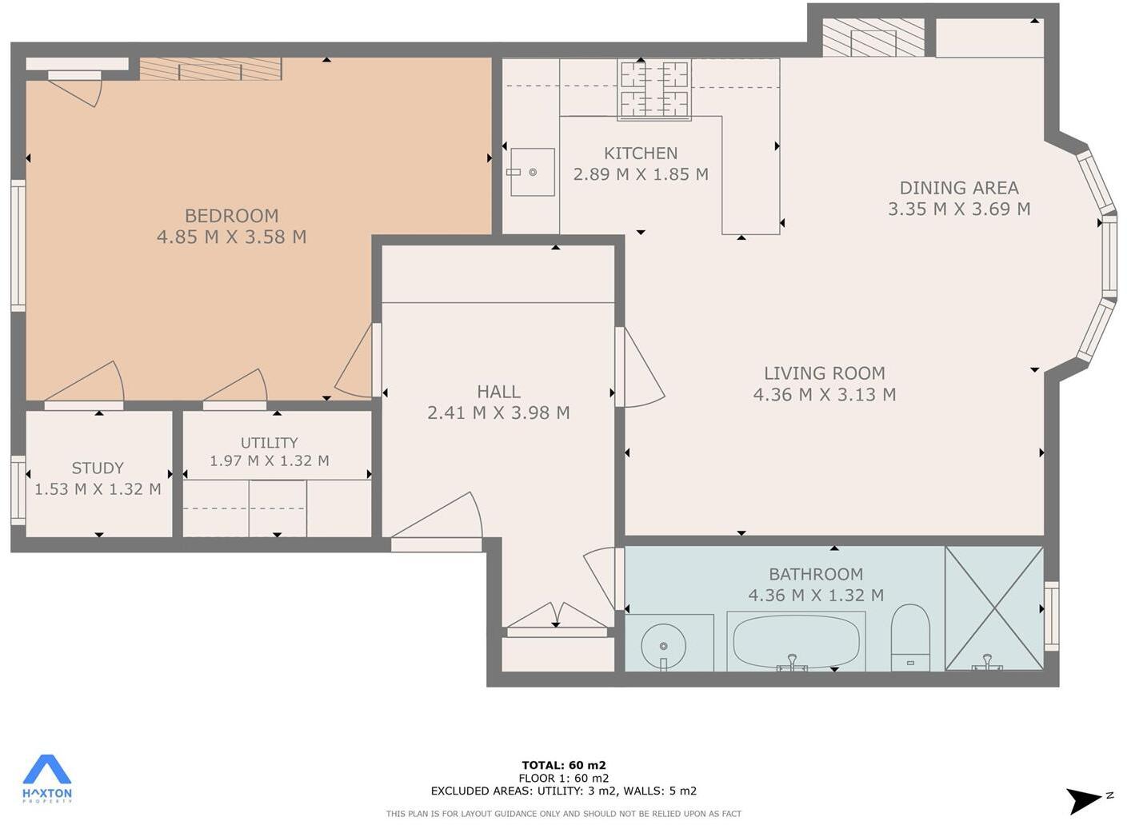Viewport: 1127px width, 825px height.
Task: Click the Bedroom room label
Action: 231,216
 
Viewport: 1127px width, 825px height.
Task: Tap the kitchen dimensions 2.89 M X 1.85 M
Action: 641,174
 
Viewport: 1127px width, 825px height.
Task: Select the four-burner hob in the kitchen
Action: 654,90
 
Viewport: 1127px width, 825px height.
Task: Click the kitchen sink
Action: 533,172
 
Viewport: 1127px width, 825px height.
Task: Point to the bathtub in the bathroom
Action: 796,641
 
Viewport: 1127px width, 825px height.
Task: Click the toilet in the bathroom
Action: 910,636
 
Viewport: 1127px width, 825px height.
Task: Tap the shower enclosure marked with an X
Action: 994,608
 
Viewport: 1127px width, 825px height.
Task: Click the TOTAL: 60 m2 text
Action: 563,765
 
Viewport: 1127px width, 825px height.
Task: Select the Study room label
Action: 98,468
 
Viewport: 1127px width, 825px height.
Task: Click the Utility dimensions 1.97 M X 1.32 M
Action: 270,460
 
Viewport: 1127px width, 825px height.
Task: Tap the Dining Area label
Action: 959,188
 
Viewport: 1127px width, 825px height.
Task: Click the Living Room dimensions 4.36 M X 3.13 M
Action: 824,394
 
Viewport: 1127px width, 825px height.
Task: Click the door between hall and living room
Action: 639,368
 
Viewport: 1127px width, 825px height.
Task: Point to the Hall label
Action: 498,392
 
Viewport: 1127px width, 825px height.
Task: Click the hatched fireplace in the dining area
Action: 873,38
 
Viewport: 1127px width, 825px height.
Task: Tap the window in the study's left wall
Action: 18,489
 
